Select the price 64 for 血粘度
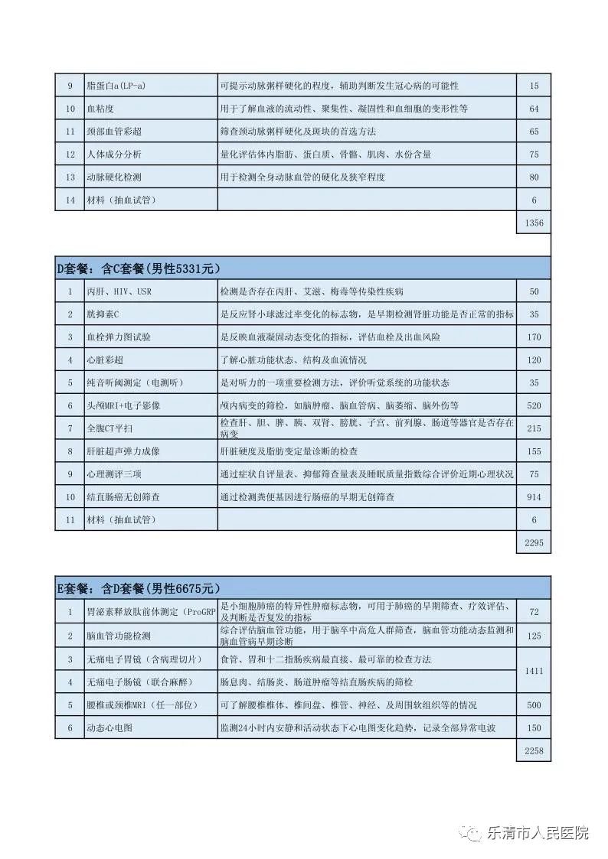click(534, 109)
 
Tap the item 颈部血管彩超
click(114, 132)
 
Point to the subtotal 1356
click(534, 223)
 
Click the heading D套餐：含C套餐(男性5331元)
click(139, 268)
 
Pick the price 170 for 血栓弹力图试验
click(534, 337)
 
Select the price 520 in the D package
click(534, 405)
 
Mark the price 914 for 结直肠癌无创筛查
click(534, 497)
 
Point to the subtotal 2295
click(534, 542)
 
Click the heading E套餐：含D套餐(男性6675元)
click(139, 588)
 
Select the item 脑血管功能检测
click(119, 636)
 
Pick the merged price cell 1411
click(534, 670)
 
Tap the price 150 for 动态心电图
click(534, 727)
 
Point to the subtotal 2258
click(534, 750)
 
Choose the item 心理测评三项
click(114, 474)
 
